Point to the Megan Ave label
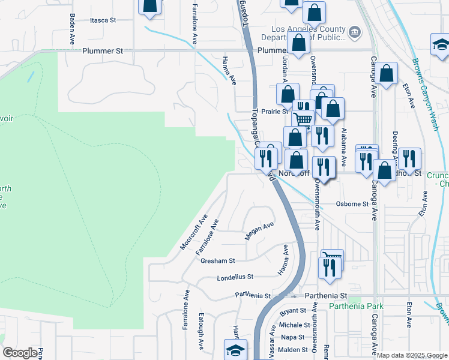click(259, 231)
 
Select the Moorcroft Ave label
click(193, 232)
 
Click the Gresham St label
click(218, 261)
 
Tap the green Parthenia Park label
click(356, 306)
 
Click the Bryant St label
click(294, 311)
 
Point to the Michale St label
click(294, 325)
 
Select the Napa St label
click(294, 337)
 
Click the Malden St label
click(294, 349)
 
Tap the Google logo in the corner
click(20, 353)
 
